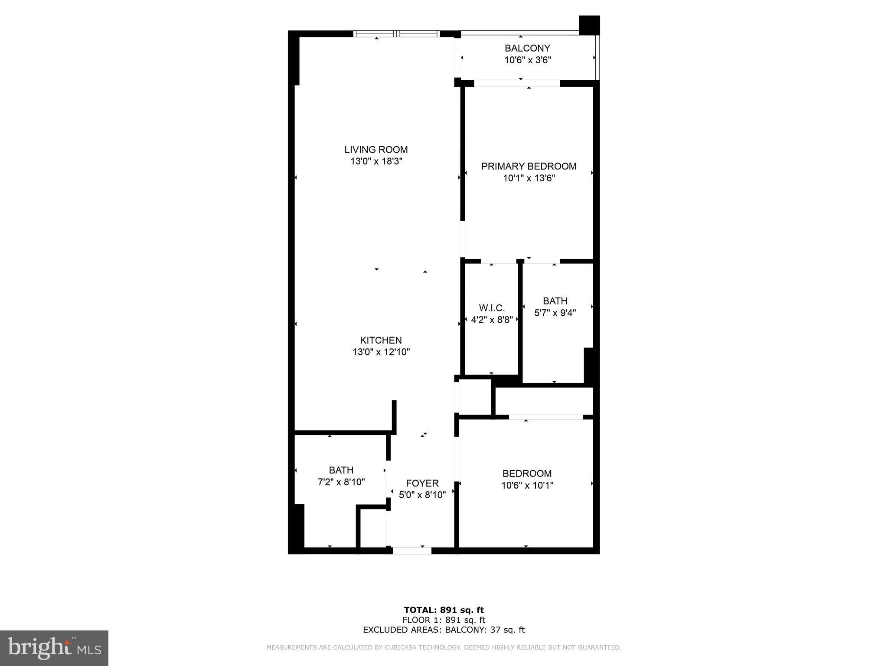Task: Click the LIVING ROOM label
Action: coord(376,150)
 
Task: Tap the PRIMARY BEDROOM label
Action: coord(529,166)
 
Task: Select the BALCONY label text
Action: coord(527,48)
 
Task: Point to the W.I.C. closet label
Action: coord(492,308)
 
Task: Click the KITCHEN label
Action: coord(381,340)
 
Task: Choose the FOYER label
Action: coord(422,483)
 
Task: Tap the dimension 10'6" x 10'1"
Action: coord(527,485)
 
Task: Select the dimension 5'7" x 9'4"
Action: coord(555,313)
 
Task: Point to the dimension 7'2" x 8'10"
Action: coord(341,482)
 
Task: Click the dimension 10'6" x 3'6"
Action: coord(527,60)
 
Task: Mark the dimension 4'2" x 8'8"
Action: coord(492,320)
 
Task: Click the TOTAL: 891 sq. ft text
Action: coord(444,610)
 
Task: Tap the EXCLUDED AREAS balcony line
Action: coord(444,630)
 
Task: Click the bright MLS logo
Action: coord(54,648)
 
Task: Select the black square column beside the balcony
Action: coord(589,25)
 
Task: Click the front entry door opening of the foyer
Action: coord(412,551)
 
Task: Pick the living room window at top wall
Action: coord(397,34)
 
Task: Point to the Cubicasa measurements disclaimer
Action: coord(444,647)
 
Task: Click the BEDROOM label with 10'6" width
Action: coord(527,473)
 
